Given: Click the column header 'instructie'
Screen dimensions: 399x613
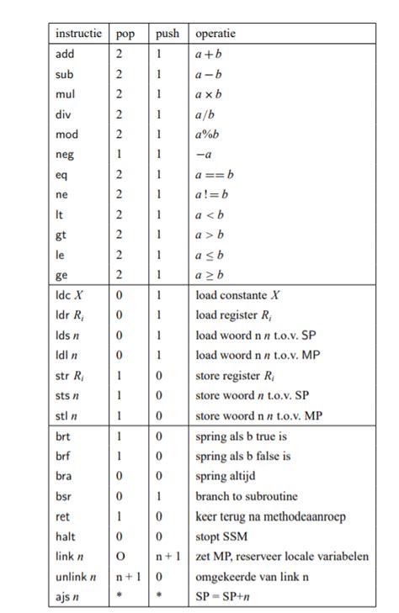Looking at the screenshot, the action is click(x=78, y=34).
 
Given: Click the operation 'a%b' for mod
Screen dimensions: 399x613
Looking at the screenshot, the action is click(x=207, y=135).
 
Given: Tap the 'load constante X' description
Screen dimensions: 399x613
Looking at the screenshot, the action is click(x=240, y=296).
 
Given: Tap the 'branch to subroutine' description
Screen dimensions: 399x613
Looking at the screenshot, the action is click(x=246, y=496).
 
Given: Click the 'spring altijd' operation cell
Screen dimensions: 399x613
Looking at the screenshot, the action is click(x=226, y=476).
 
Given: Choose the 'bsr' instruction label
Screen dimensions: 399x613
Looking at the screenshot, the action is click(x=64, y=496).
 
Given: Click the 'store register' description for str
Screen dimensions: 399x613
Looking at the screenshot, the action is click(x=238, y=376).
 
